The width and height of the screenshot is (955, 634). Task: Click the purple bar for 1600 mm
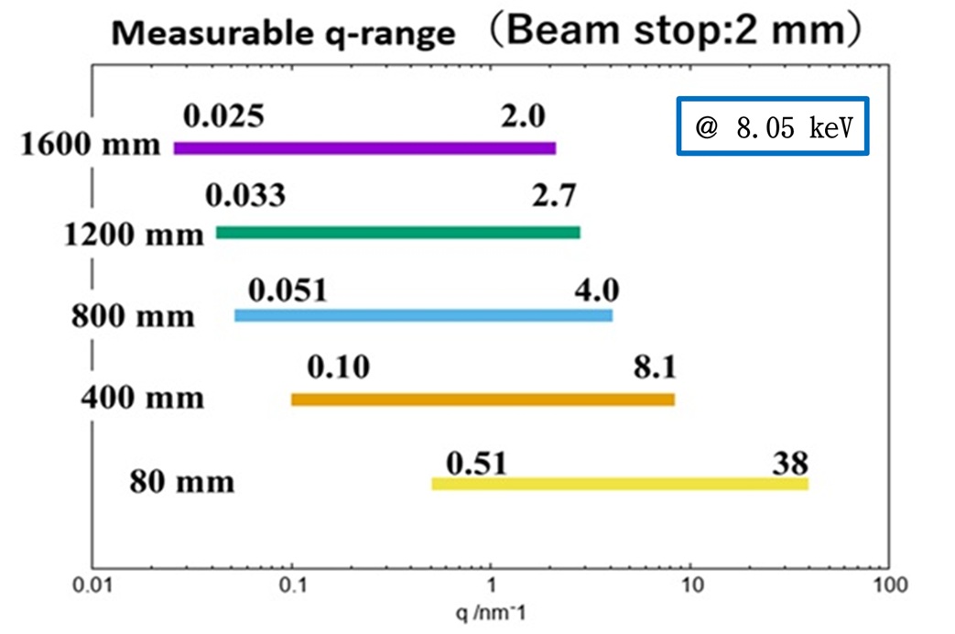[364, 148]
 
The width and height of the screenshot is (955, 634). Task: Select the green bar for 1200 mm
[397, 233]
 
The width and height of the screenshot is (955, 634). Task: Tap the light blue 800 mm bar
[423, 316]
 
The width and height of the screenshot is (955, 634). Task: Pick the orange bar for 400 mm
[483, 399]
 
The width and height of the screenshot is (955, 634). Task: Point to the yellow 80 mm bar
[620, 484]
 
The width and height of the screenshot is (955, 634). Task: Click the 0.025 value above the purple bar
[224, 117]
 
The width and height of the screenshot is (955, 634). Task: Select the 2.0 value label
[523, 117]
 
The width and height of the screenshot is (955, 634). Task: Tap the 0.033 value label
[245, 195]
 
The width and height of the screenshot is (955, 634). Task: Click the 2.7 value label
[553, 195]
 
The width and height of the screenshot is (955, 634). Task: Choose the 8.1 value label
[654, 368]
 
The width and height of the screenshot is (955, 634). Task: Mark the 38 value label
[789, 460]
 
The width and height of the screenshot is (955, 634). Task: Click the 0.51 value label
[476, 464]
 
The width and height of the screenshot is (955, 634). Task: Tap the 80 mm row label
[181, 481]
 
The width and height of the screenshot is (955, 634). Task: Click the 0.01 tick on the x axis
[92, 584]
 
